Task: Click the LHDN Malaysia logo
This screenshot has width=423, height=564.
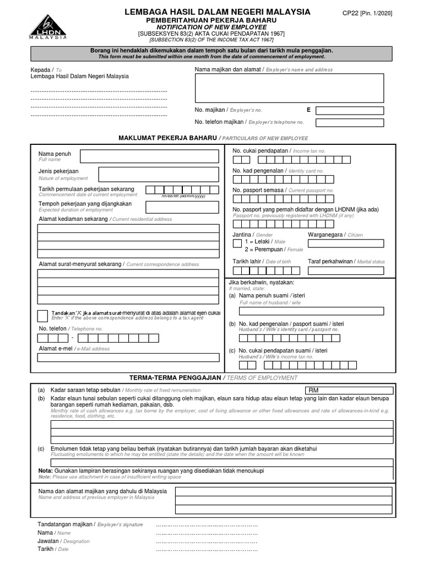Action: click(x=47, y=27)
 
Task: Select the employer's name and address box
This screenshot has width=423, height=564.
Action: click(x=289, y=88)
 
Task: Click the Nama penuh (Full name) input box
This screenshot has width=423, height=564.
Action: click(x=149, y=156)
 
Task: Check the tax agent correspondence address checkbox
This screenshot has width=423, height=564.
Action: click(x=42, y=316)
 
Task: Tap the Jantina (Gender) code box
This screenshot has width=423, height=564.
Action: click(x=237, y=243)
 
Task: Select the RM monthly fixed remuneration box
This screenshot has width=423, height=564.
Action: click(x=350, y=390)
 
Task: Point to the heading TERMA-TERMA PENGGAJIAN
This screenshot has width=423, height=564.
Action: click(x=175, y=377)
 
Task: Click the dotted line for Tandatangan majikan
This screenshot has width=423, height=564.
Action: click(x=207, y=525)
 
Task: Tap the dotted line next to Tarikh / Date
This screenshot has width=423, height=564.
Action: click(x=207, y=549)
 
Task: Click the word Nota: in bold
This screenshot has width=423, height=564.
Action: click(x=45, y=471)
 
